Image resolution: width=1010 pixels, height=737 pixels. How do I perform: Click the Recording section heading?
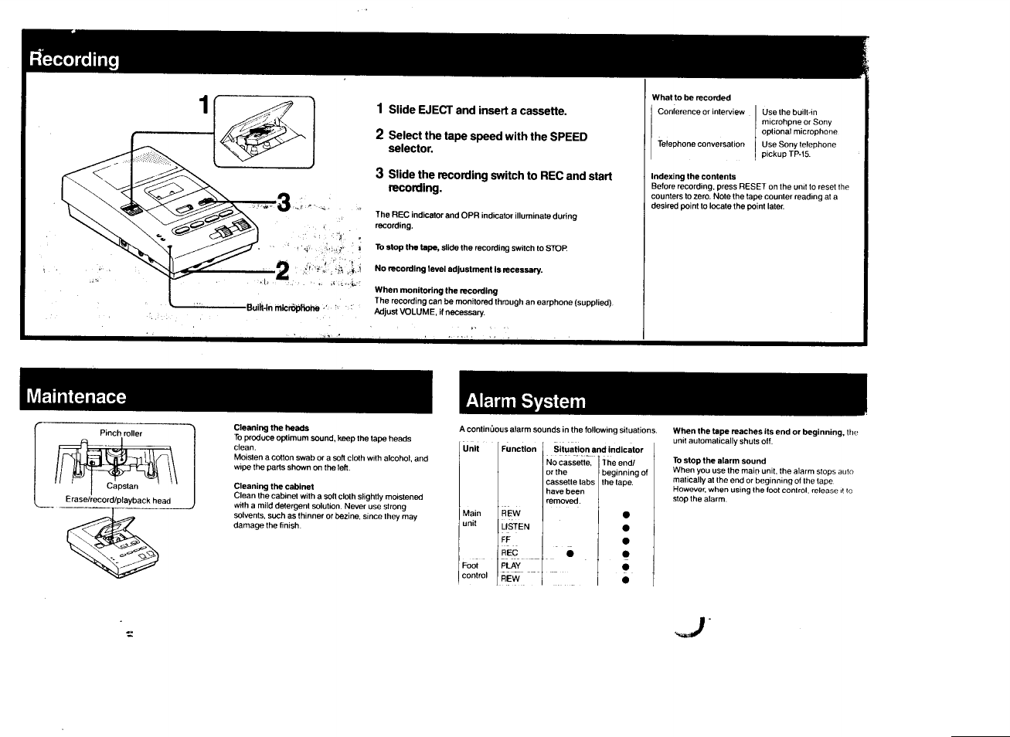74,59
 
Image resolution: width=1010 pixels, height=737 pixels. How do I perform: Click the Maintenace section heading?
76,396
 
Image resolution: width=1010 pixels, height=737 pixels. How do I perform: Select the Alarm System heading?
525,401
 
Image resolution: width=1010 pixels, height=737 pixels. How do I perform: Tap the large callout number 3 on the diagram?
284,203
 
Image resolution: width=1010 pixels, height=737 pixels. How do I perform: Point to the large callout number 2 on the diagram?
283,270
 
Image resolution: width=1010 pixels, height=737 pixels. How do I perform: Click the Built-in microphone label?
283,307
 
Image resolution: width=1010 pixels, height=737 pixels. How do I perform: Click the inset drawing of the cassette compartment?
264,131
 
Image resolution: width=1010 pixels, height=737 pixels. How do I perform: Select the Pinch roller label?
121,433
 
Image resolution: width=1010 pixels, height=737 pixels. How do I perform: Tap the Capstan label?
122,486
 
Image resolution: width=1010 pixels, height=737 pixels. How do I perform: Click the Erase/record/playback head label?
118,500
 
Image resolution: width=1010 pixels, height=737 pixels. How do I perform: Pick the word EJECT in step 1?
435,110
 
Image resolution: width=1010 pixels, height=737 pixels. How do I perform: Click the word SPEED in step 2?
568,137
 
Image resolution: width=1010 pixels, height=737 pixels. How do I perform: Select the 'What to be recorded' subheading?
691,97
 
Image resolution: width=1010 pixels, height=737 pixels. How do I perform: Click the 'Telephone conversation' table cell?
701,144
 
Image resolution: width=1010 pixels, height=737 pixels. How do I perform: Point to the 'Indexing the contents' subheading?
693,176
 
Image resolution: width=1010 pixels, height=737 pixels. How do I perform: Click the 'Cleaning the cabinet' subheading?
274,487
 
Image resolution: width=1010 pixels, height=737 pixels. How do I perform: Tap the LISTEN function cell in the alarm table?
515,527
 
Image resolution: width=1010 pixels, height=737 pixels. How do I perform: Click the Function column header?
519,449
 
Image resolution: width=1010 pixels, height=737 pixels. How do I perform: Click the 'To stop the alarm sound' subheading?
719,460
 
